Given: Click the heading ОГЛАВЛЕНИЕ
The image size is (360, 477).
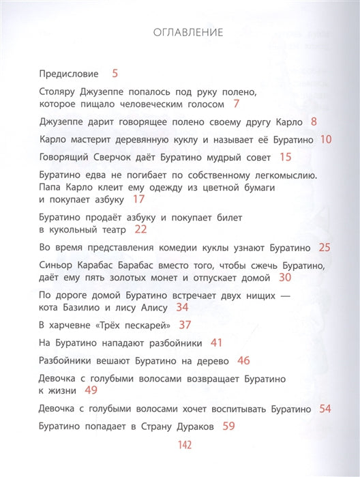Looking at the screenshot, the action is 180,32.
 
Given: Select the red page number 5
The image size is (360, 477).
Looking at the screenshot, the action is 115,72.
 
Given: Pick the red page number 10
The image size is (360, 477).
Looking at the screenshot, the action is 326,140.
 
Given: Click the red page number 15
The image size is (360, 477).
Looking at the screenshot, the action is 285,158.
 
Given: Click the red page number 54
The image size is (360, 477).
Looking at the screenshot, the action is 325,408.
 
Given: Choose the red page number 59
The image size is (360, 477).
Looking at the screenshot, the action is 228,426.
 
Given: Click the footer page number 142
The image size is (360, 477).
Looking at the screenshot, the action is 180,446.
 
